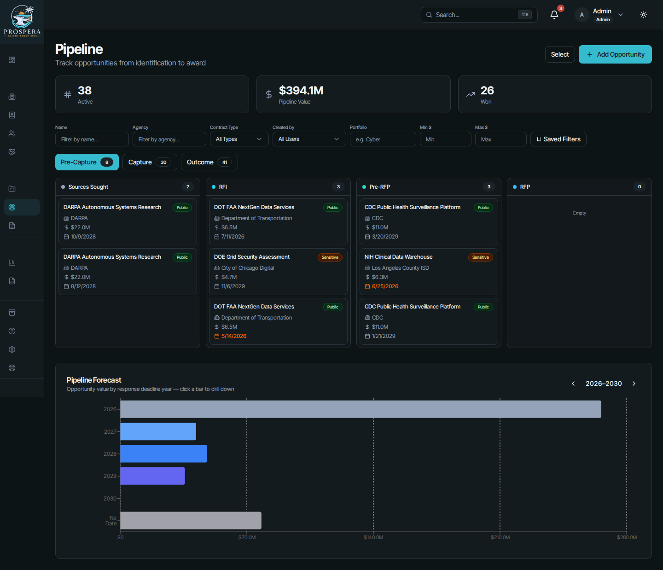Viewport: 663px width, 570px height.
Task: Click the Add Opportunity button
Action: [615, 54]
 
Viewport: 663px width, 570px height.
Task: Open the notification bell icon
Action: [554, 15]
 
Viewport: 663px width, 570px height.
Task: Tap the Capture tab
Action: [150, 162]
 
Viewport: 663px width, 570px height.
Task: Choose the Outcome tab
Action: [209, 162]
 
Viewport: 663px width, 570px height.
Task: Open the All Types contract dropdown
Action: [239, 139]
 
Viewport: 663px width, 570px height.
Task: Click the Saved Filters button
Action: [558, 139]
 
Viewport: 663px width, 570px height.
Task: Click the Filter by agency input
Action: [169, 139]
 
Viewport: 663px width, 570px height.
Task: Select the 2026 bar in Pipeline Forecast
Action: [361, 409]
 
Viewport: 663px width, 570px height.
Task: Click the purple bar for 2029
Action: [152, 476]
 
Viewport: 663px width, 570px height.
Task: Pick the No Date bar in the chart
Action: [191, 520]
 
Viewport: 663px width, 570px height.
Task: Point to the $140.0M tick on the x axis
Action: [373, 537]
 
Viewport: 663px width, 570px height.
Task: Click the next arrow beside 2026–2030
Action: [634, 384]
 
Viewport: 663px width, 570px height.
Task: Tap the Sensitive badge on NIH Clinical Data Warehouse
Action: [480, 257]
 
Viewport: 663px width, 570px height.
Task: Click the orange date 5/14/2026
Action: [234, 336]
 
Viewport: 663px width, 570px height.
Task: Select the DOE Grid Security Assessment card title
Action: [251, 257]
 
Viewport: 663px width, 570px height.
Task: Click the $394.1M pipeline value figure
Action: [301, 90]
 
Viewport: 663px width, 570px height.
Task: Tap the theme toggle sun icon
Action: [644, 15]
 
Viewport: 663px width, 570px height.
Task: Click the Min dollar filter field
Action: [445, 139]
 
